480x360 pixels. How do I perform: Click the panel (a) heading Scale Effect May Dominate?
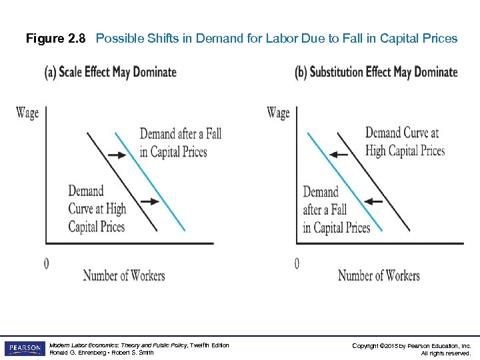click(111, 72)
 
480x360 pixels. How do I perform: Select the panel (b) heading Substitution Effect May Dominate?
click(376, 72)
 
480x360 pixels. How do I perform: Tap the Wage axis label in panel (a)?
click(27, 112)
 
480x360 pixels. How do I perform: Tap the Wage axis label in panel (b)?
click(278, 112)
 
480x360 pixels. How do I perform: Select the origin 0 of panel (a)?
click(46, 264)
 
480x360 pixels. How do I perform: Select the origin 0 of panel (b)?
click(297, 264)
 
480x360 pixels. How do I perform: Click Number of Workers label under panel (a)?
click(124, 275)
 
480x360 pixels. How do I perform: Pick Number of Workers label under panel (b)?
click(379, 275)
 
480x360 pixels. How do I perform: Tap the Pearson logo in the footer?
click(24, 349)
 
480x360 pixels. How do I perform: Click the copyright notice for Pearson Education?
click(411, 349)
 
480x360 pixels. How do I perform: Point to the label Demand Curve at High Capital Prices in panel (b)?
click(405, 142)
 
